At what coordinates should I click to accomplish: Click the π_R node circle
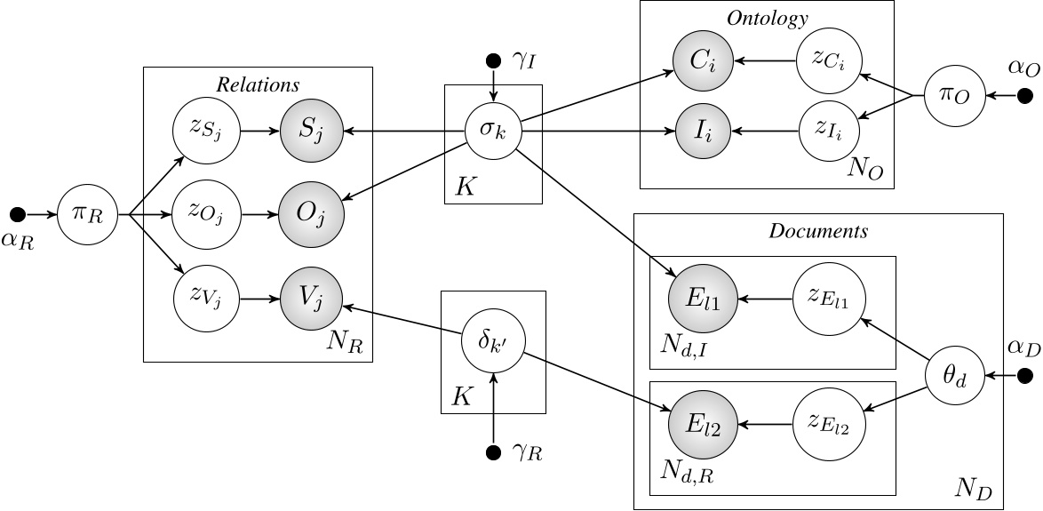pyautogui.click(x=87, y=214)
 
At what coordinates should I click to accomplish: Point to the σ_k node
pyautogui.click(x=492, y=132)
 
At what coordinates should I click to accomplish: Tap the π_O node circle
pyautogui.click(x=954, y=96)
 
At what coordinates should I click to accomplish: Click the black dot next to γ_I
pyautogui.click(x=492, y=61)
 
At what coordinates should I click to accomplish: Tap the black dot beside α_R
pyautogui.click(x=15, y=214)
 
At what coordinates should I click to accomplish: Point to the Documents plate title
pyautogui.click(x=817, y=231)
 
